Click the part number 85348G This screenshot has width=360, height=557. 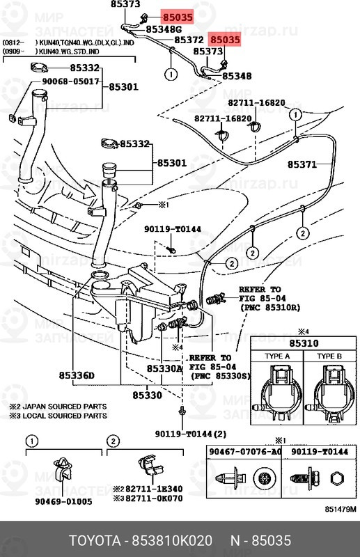(x=164, y=30)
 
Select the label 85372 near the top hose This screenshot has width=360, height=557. (x=189, y=41)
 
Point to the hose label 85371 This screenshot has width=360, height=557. (x=302, y=165)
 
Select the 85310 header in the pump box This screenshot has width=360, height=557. (x=304, y=344)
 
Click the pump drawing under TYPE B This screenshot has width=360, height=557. (x=331, y=393)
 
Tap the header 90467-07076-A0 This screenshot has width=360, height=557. (x=244, y=452)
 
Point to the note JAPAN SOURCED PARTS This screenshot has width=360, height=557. (x=62, y=406)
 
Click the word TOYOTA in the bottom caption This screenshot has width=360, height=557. (x=93, y=541)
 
